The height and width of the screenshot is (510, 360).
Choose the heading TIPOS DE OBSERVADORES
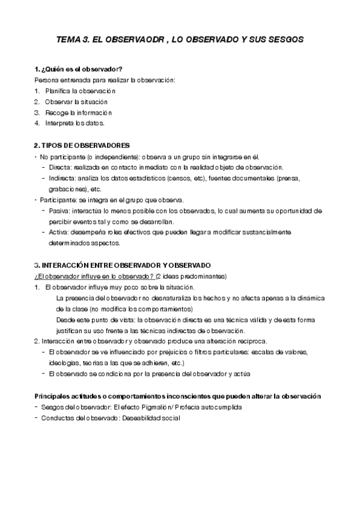pos(82,146)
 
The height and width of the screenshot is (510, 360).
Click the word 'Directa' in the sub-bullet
pos(60,167)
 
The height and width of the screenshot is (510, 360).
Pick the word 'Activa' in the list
pos(59,232)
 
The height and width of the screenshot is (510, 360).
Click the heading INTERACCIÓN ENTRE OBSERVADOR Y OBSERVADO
pos(123,265)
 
